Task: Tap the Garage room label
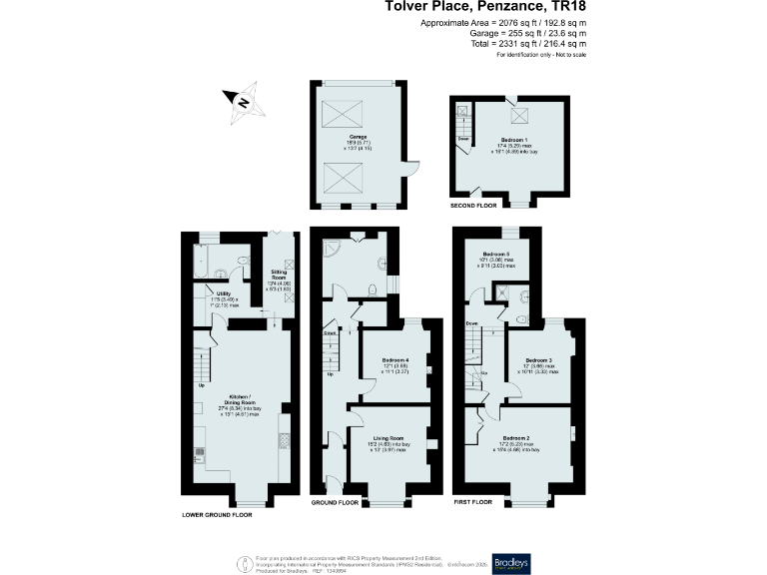[x=358, y=137]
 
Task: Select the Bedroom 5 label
[x=496, y=256]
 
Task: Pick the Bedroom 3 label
[x=539, y=359]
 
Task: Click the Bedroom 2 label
[x=516, y=438]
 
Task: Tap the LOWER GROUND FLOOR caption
[x=217, y=515]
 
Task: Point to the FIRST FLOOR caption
[x=475, y=503]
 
